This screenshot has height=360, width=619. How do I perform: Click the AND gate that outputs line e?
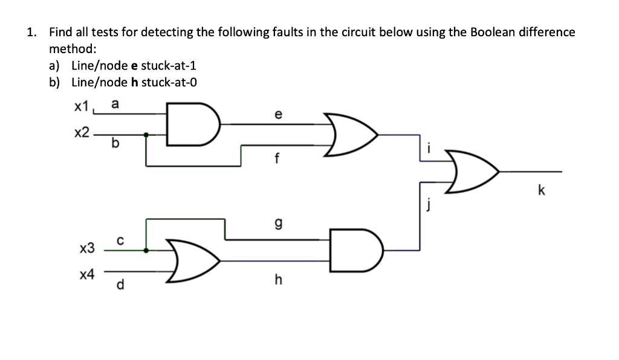coord(191,124)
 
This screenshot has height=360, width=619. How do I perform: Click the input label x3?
coord(87,248)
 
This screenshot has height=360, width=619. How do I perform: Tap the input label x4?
coord(87,275)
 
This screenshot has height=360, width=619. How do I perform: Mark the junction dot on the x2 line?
coord(146,135)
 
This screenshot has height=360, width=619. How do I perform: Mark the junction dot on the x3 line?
coord(146,249)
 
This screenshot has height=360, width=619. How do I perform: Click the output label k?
coord(541,191)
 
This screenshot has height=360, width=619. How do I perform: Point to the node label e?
coord(277,114)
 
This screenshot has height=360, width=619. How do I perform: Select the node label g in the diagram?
coord(277,224)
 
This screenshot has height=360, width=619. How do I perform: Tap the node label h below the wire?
coord(277,280)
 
